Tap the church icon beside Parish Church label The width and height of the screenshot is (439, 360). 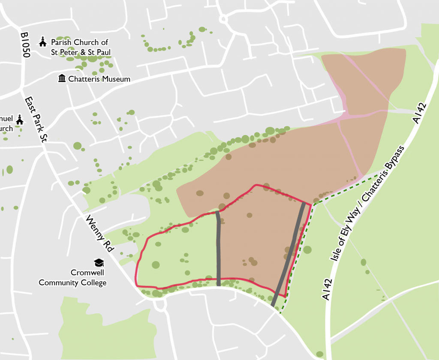click(42, 42)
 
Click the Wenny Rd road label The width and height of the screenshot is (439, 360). click(98, 234)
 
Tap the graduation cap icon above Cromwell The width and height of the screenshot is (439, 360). click(99, 262)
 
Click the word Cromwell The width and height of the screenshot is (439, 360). click(87, 273)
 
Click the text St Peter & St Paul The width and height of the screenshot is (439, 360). click(80, 52)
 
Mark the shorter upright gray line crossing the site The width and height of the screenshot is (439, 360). click(219, 249)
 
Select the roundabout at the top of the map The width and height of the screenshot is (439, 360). click(223, 19)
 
